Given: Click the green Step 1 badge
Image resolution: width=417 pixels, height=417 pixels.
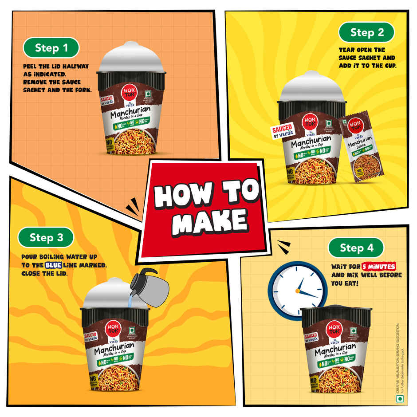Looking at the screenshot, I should (51, 48).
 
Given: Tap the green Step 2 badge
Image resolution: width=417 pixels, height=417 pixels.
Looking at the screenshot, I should (366, 32).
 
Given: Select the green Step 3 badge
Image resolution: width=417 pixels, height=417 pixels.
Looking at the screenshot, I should (46, 238).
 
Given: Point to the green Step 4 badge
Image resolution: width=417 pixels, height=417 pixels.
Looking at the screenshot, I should (356, 248).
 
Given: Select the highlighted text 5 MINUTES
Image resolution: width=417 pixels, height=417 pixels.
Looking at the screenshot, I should (379, 267).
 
